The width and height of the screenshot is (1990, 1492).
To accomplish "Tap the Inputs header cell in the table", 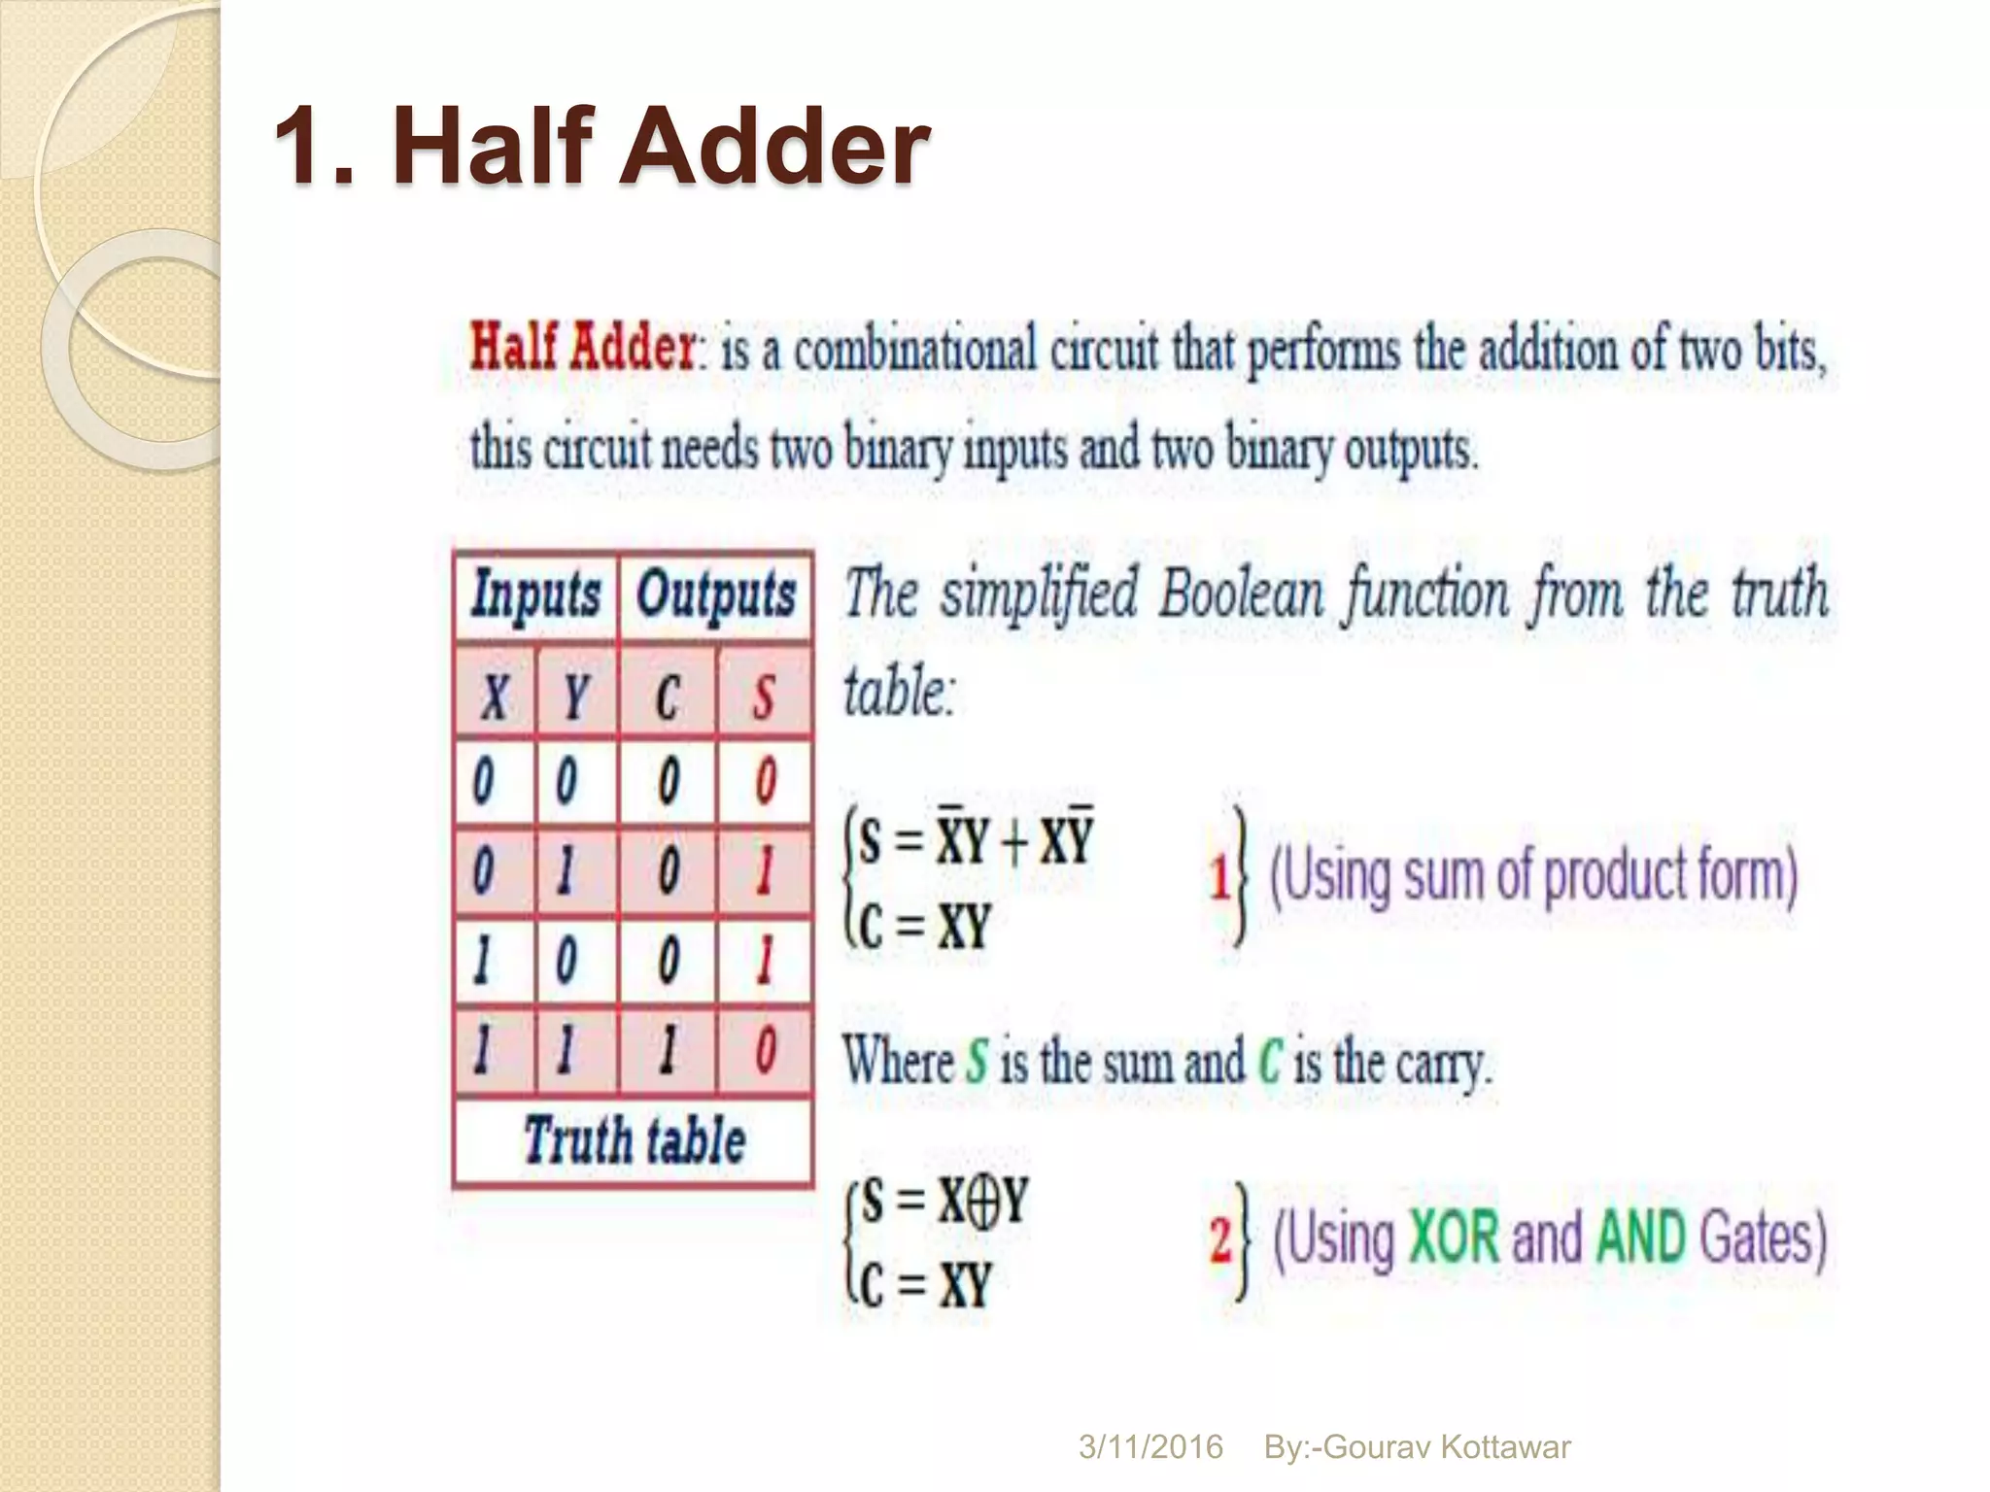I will pos(535,594).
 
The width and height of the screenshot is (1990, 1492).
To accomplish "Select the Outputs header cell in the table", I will pos(716,594).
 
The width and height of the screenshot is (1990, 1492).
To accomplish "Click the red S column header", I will pos(764,695).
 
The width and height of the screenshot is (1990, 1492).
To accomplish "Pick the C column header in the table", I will pos(667,695).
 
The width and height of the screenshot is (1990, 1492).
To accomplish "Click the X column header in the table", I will pos(495,695).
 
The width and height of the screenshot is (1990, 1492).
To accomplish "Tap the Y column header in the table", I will pos(575,695).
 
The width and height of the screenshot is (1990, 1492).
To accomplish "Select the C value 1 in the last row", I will pos(667,1051).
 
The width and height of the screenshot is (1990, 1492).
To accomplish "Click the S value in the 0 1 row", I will pos(764,871).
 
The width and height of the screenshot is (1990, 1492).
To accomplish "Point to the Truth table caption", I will pos(634,1140).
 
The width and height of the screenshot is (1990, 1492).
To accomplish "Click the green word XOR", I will pos(1454,1238).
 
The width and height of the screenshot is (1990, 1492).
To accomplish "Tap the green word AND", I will pos(1640,1238).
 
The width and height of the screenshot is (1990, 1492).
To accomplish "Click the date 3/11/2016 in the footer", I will pos(1150,1447).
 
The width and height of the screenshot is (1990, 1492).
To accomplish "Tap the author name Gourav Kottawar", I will pos(1446,1447).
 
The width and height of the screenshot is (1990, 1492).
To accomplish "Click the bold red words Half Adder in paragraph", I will pos(582,347).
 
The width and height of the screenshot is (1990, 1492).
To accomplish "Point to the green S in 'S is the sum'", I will pos(977,1062).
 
